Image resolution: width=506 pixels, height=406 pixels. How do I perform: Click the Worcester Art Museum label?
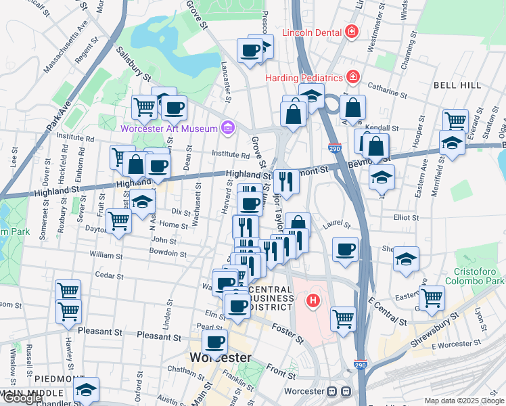coord(168,129)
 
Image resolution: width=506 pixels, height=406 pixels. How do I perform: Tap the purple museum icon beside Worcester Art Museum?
coord(227,128)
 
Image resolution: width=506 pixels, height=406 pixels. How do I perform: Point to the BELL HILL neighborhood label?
coord(457,85)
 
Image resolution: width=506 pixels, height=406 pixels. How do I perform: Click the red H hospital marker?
coord(313,300)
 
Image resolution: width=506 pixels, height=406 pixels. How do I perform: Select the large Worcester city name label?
coord(220,357)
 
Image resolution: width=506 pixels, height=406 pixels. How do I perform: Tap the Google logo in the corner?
coord(22,398)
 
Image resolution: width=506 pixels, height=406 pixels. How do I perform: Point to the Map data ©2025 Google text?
coord(464,401)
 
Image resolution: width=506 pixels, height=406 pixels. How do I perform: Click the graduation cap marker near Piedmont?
coord(86,390)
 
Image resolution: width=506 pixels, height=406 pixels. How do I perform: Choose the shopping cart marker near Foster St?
coord(344,317)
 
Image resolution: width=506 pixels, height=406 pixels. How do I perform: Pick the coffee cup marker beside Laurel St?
coord(345,248)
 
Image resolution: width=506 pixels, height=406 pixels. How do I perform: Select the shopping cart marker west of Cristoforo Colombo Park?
coord(431,296)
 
